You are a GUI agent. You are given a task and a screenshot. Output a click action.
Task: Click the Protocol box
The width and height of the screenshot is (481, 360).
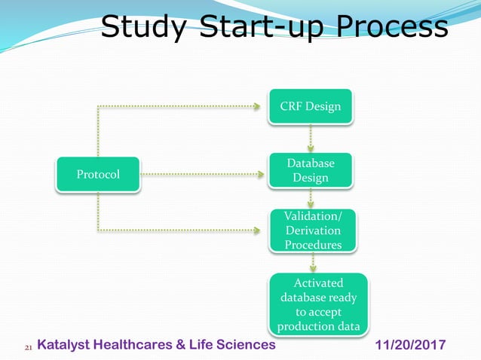click(x=98, y=175)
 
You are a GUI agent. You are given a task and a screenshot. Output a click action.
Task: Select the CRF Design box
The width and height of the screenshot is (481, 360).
click(x=311, y=106)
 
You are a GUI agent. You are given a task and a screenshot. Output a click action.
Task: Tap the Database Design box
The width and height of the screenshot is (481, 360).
click(x=311, y=170)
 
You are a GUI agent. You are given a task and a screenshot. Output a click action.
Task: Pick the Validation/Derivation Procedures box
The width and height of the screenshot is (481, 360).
click(x=312, y=230)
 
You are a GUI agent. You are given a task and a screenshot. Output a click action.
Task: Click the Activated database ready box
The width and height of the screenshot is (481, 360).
click(x=319, y=304)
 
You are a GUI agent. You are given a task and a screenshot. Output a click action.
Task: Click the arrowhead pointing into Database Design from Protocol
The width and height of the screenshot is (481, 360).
click(x=261, y=175)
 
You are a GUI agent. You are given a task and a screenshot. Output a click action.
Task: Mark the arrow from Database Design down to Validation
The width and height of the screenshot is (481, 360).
click(x=311, y=198)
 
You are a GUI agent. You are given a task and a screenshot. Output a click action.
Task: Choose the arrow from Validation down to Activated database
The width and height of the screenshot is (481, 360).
click(x=313, y=262)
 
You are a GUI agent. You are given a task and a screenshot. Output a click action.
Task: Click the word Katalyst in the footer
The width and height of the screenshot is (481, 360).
click(x=65, y=345)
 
